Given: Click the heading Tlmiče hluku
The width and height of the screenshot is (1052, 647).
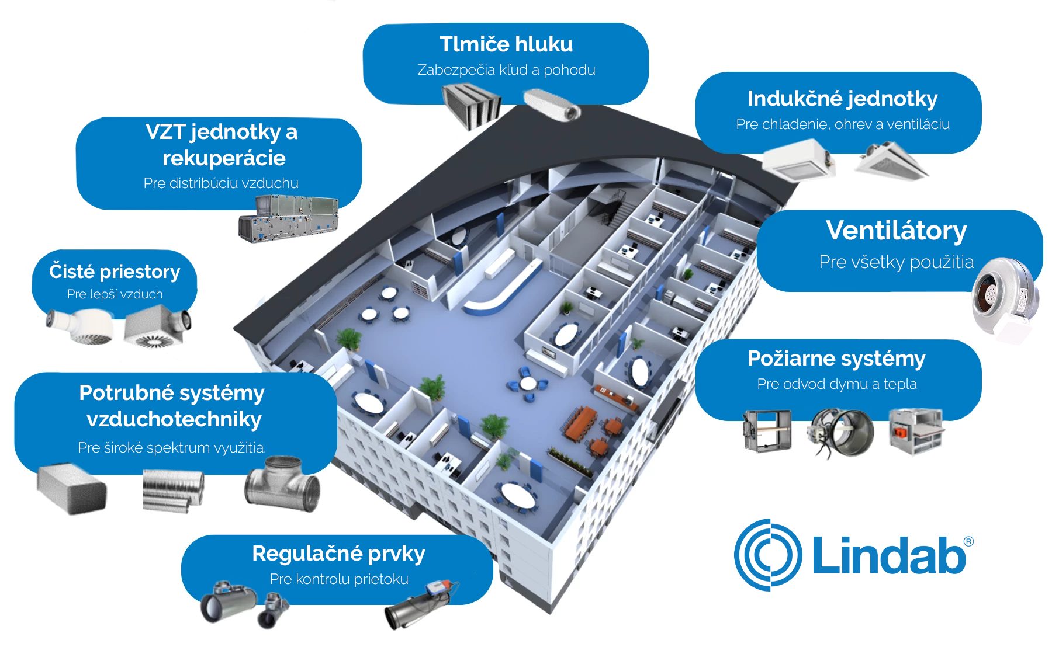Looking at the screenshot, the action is click(506, 44).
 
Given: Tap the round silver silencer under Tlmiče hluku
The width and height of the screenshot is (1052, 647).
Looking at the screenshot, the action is click(552, 105).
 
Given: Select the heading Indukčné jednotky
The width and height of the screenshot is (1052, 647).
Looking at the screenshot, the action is click(842, 99).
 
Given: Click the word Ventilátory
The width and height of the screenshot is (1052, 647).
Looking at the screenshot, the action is click(896, 230).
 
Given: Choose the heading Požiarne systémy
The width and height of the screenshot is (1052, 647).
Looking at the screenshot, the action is click(836, 358).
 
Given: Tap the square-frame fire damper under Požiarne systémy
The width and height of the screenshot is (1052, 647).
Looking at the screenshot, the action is click(767, 431).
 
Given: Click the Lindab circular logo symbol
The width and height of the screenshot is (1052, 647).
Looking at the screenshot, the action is click(768, 555).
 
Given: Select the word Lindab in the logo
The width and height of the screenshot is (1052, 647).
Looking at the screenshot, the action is click(888, 555).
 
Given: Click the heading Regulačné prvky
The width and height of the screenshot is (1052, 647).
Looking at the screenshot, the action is click(338, 553).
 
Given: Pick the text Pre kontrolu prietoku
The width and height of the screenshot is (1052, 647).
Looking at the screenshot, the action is click(339, 579).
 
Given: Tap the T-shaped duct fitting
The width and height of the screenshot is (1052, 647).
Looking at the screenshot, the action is click(283, 483).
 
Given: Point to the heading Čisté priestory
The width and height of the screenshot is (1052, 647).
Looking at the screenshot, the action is click(115, 272).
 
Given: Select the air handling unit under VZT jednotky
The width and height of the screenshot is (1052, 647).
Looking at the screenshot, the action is click(288, 218).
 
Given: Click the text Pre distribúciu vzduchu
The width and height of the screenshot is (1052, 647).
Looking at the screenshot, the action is click(221, 183).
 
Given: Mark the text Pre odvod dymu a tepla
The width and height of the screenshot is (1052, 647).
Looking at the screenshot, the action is click(837, 384).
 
